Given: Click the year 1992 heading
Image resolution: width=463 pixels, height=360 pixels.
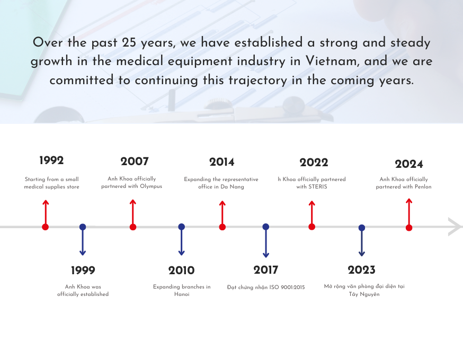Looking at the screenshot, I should pos(51,160).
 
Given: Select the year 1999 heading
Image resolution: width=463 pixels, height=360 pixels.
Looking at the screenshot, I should pos(83,271).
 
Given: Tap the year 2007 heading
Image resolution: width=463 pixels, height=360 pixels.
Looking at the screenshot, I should pos(135,161).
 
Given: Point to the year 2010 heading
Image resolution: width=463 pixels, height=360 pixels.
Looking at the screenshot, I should pos(181,271).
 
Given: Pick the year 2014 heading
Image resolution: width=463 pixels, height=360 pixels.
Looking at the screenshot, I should pos(221,162).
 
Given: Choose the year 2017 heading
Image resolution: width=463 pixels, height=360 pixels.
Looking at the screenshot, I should pos(265,270).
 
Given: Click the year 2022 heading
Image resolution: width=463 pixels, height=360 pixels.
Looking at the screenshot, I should pos(314,163).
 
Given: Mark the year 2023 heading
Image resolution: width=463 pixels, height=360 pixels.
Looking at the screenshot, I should pos(361,270).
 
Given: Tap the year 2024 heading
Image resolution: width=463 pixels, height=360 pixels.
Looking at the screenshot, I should pos(409,164).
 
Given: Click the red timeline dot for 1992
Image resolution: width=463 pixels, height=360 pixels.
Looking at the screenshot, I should pos(46,227).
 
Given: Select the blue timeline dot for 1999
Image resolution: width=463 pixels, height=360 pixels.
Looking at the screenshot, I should pos(83,227).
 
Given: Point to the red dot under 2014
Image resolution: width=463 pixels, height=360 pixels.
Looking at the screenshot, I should pos(222,227).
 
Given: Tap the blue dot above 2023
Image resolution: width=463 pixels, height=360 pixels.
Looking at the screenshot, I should pos(362,228).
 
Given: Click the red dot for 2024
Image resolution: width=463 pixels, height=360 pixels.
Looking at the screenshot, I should pos(409,228).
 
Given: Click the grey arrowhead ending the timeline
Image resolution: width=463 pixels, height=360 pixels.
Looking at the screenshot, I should pos(455,226).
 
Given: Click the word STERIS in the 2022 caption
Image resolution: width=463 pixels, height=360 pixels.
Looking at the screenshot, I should pos(318,187).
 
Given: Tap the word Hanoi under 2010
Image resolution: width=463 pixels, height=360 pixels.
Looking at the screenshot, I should pos(182,294).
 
